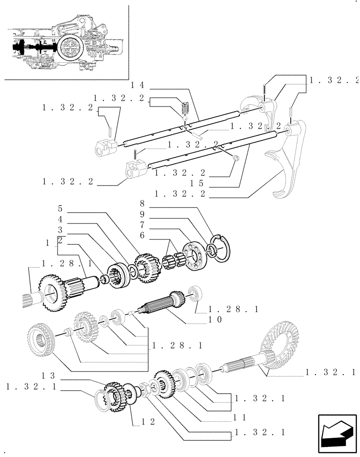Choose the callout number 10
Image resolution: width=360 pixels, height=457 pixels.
point(215,319)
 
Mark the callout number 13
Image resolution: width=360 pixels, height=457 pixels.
point(48,376)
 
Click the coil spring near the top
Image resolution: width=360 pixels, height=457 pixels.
point(185,109)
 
